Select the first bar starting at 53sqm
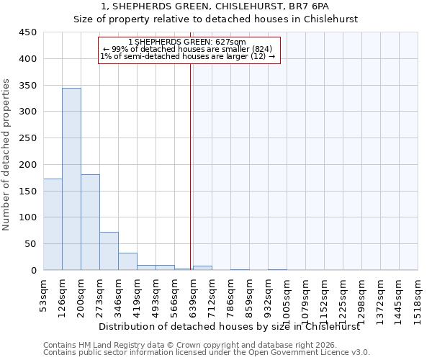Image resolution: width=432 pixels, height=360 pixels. (x=53, y=224)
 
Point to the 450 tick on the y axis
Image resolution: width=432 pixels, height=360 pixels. (x=29, y=32)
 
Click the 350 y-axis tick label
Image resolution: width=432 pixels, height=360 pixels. (x=29, y=86)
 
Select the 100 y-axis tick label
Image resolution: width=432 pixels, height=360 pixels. (x=29, y=217)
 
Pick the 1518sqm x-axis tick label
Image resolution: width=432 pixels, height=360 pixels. (x=418, y=295)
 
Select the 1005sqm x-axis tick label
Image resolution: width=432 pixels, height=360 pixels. (x=287, y=295)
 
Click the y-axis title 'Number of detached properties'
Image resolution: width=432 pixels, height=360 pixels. (x=6, y=156)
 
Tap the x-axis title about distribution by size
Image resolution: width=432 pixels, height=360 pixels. (x=228, y=326)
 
